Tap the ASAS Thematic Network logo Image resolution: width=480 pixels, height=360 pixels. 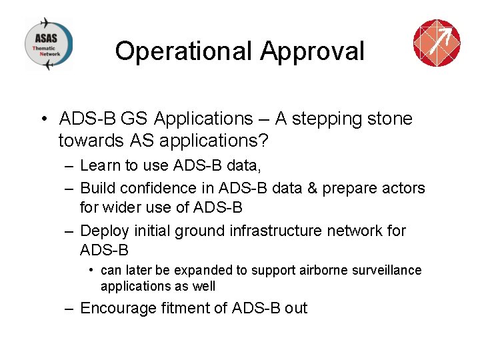point(49,43)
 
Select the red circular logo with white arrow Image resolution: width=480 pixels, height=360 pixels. point(437,43)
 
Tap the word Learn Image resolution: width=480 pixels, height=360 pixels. point(99,165)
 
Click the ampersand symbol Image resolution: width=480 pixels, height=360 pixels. point(311,188)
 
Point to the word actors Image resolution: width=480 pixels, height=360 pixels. point(402,188)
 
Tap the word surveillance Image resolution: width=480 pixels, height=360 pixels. point(391,270)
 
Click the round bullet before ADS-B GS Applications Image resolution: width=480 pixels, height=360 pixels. point(42,119)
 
